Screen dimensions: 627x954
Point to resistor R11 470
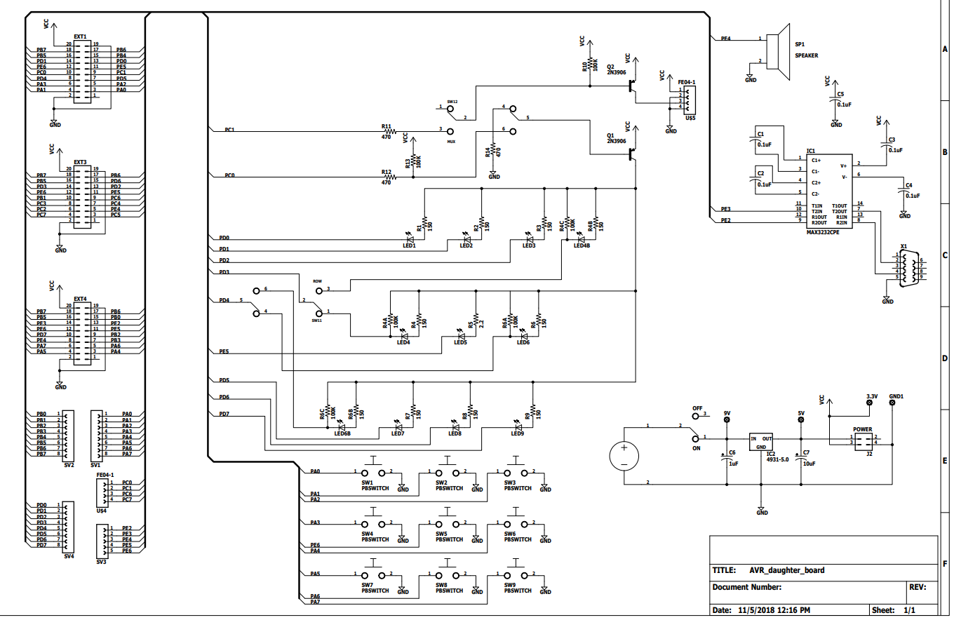click(388, 131)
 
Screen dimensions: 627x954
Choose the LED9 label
click(517, 434)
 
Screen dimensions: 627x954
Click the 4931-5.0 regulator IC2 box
click(761, 443)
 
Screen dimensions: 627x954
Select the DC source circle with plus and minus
click(623, 456)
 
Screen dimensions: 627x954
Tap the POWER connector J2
click(863, 440)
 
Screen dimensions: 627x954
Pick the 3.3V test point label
click(872, 396)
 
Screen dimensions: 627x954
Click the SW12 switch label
click(452, 102)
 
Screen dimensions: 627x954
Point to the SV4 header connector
click(69, 526)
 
